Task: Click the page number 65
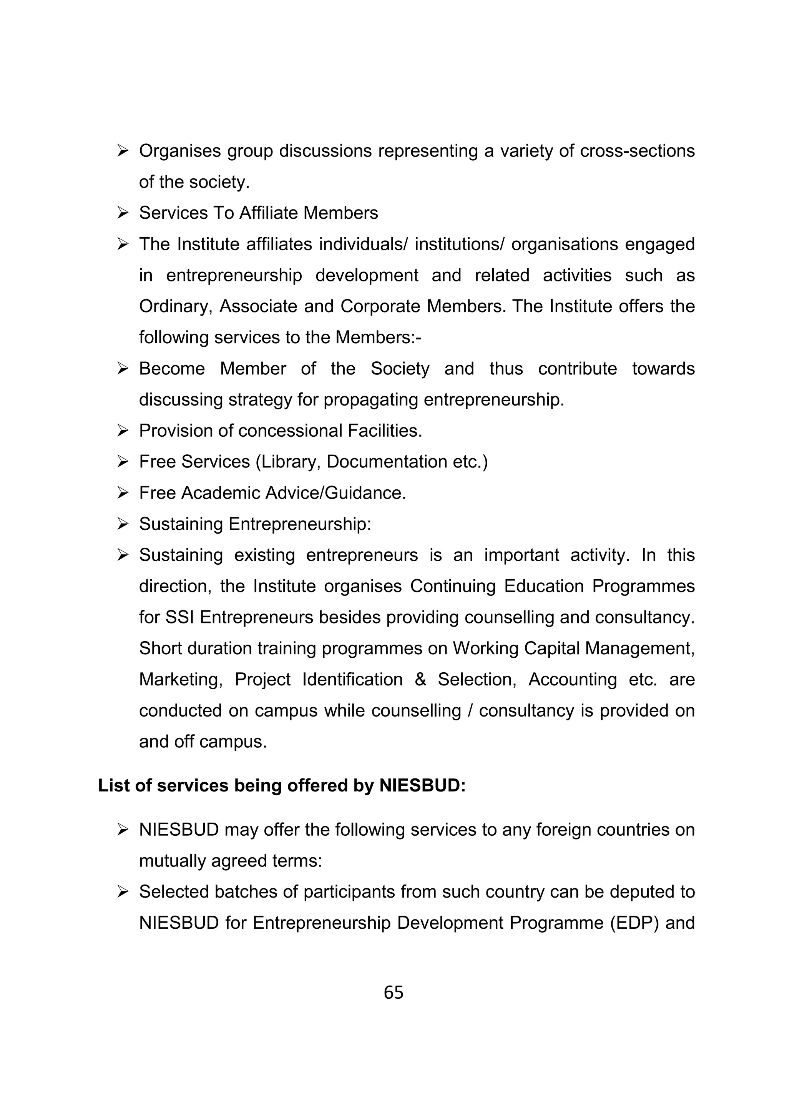pyautogui.click(x=393, y=993)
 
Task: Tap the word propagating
pyautogui.click(x=372, y=400)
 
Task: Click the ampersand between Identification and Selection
pyautogui.click(x=420, y=679)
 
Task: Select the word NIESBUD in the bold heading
pyautogui.click(x=422, y=785)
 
